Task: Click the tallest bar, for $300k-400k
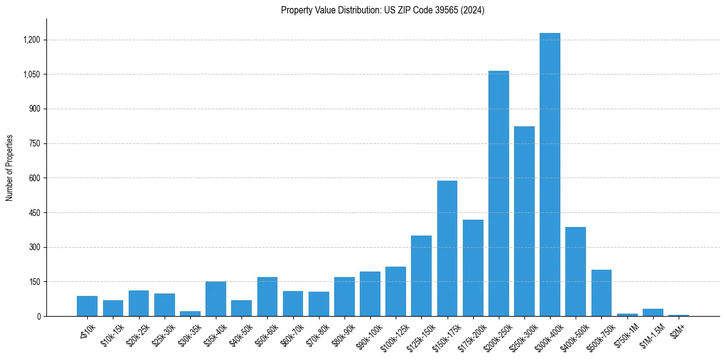[549, 175]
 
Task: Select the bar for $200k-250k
[498, 193]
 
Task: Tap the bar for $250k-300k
[524, 221]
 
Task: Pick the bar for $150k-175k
[447, 248]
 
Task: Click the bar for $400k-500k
[575, 272]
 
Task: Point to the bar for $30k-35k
[190, 314]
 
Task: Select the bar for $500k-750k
[601, 293]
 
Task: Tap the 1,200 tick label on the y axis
[31, 40]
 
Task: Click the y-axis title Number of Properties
[10, 168]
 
